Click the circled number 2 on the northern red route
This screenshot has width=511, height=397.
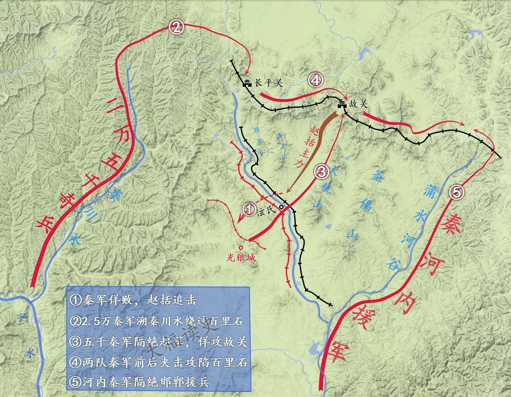click(176, 27)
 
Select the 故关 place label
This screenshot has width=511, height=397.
click(358, 104)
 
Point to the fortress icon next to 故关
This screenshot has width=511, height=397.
click(342, 104)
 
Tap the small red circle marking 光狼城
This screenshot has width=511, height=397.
click(240, 248)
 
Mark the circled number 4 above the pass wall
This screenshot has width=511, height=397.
click(315, 79)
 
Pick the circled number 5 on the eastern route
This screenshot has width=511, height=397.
click(457, 192)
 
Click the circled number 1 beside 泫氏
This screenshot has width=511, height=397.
click(249, 208)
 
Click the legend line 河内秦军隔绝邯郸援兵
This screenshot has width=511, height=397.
click(140, 382)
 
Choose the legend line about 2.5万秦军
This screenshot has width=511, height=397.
click(157, 321)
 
